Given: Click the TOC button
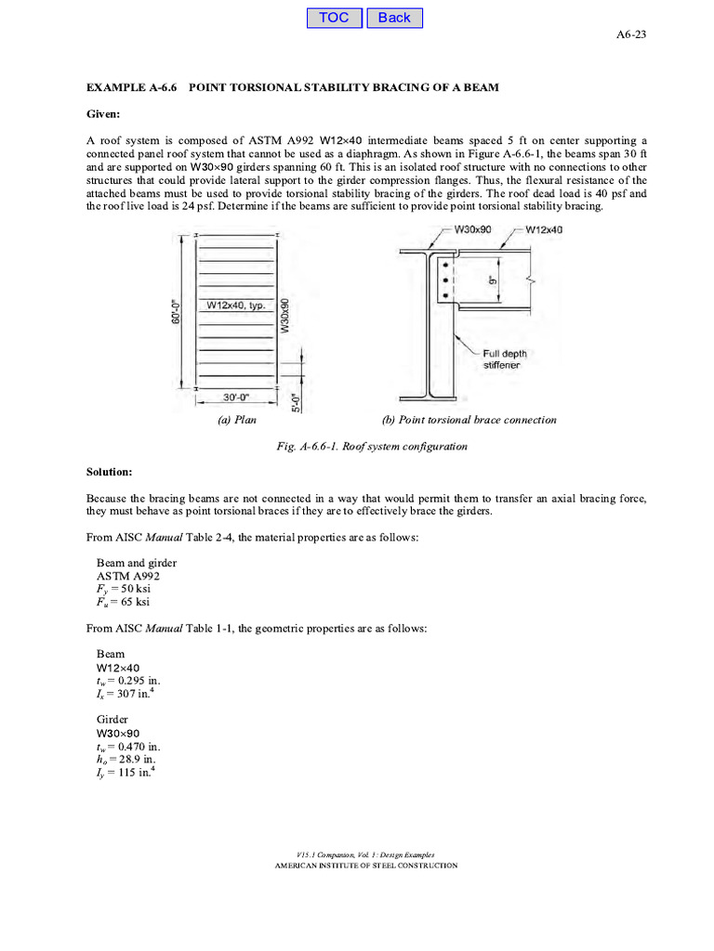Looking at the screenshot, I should tap(334, 18).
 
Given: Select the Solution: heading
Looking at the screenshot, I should tap(109, 473).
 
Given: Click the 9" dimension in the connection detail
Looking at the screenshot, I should tap(493, 278).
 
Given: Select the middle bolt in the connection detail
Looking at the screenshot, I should tap(446, 280).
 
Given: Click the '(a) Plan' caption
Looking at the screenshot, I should tap(237, 420).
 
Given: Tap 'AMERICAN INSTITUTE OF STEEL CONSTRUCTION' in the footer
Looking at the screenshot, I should tap(364, 866).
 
